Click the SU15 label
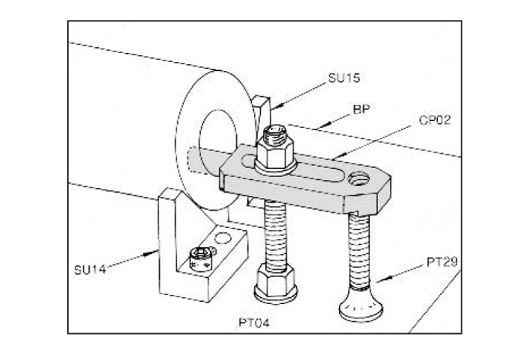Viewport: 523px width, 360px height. [x=344, y=78]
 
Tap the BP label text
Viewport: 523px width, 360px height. [x=362, y=109]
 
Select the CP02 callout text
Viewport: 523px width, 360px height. [x=435, y=120]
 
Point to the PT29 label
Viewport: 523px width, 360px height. [x=442, y=262]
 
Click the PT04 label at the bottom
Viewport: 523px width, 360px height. [x=254, y=323]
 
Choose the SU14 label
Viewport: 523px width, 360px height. [x=90, y=270]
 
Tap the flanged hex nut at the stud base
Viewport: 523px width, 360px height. [x=276, y=283]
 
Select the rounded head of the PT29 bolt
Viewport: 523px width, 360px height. [x=361, y=306]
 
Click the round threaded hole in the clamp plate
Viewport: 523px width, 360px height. [x=359, y=179]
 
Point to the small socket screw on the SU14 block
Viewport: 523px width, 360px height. [x=201, y=259]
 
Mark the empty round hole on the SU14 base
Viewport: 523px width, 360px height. [x=223, y=238]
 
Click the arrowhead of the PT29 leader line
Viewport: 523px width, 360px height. [x=381, y=279]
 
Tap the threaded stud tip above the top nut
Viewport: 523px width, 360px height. [x=274, y=134]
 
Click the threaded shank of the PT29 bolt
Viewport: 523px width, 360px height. [x=359, y=251]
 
